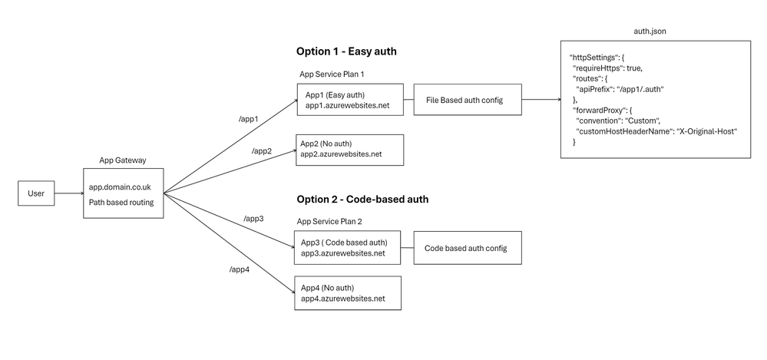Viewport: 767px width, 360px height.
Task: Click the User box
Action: click(x=36, y=193)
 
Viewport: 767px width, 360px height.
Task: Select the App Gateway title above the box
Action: click(x=123, y=160)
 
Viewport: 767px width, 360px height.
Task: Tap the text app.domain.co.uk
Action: click(x=121, y=187)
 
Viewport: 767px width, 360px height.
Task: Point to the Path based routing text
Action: click(x=121, y=202)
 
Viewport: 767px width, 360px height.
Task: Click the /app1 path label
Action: click(x=248, y=119)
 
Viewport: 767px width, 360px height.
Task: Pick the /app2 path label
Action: click(x=262, y=150)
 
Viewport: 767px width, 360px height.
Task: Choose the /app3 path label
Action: click(x=253, y=218)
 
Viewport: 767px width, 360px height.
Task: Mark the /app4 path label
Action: click(x=240, y=269)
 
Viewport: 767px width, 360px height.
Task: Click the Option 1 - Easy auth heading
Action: click(x=346, y=51)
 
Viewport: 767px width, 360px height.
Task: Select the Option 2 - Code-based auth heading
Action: click(x=362, y=199)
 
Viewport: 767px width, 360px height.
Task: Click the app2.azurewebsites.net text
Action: click(x=341, y=154)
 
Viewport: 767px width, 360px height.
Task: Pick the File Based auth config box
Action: click(x=468, y=100)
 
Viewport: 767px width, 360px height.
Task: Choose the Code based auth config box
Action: click(x=468, y=248)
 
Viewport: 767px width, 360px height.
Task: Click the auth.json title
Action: click(x=650, y=31)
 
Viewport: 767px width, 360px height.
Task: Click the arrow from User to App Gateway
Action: click(x=69, y=193)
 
